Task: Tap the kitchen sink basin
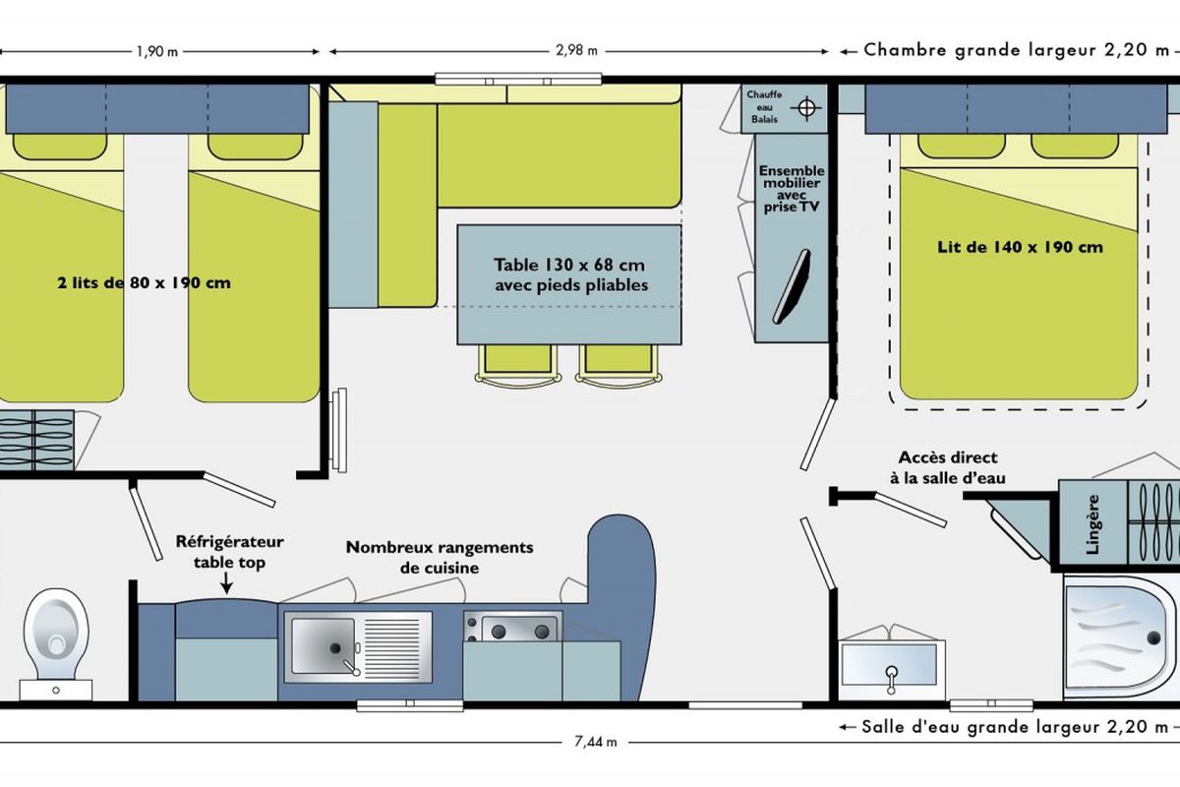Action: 323,646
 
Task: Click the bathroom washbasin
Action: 891,665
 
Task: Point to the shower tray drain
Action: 1153,637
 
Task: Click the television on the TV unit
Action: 792,286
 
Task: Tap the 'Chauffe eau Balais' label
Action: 764,107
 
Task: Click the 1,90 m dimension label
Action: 157,52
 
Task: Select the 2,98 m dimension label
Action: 576,50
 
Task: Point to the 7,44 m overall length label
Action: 595,742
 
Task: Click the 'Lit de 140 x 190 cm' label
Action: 1020,247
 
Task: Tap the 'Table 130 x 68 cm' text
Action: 569,265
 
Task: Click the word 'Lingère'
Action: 1092,524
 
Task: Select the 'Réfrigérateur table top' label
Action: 229,552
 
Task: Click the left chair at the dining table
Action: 518,364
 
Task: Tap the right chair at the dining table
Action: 619,364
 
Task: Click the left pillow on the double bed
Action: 962,146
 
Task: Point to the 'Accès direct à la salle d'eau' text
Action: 948,467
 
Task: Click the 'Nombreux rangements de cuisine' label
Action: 440,557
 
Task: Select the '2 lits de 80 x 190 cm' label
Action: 144,283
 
